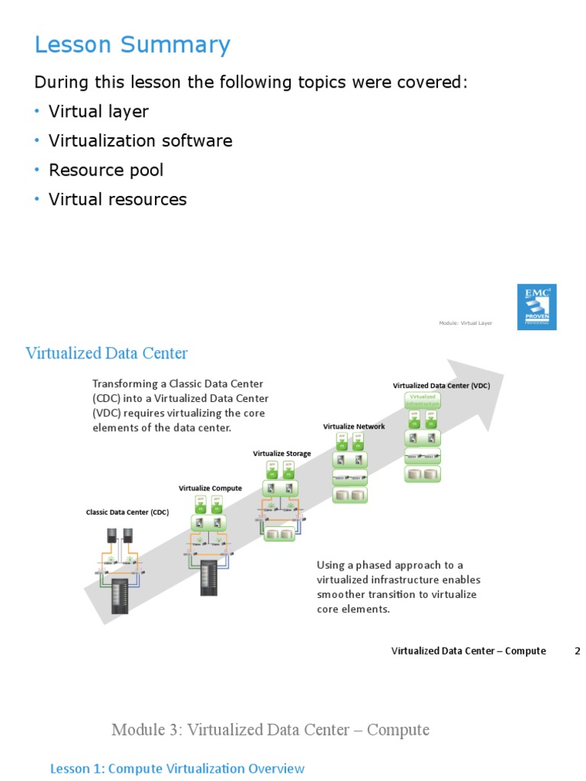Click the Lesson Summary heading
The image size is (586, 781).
point(132,45)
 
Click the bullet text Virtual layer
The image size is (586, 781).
point(98,111)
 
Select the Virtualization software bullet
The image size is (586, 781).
point(140,141)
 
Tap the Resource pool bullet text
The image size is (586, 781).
point(106,170)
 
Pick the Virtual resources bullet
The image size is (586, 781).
point(118,200)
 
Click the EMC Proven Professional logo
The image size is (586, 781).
point(536,307)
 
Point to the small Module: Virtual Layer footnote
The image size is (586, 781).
point(465,323)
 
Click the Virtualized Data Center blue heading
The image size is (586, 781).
point(106,353)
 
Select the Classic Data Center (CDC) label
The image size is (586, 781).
point(127,513)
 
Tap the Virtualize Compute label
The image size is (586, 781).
point(211,488)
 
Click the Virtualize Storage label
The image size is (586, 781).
point(282,454)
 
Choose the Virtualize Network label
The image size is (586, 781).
point(354,426)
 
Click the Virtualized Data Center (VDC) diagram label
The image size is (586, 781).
point(441,386)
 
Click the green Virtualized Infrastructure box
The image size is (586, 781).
point(423,400)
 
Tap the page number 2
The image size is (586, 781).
point(578,651)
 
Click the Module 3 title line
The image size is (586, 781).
point(270,730)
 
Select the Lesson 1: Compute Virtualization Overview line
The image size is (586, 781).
point(177,769)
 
